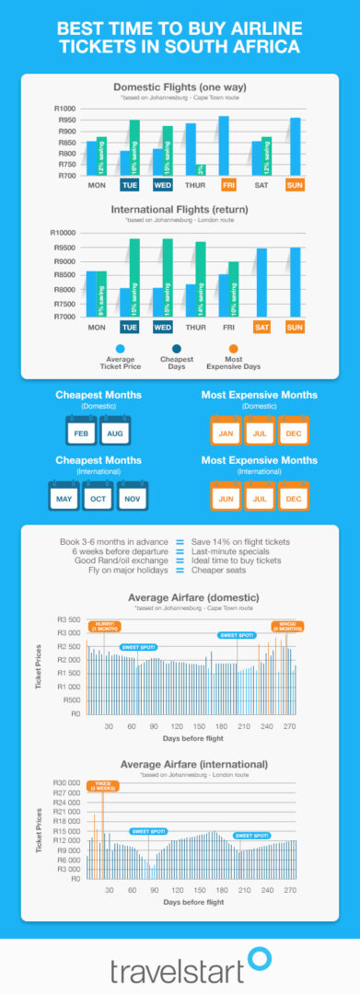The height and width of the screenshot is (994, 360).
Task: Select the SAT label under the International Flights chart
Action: [261, 328]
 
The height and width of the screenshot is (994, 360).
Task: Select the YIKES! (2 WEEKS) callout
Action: [102, 787]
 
